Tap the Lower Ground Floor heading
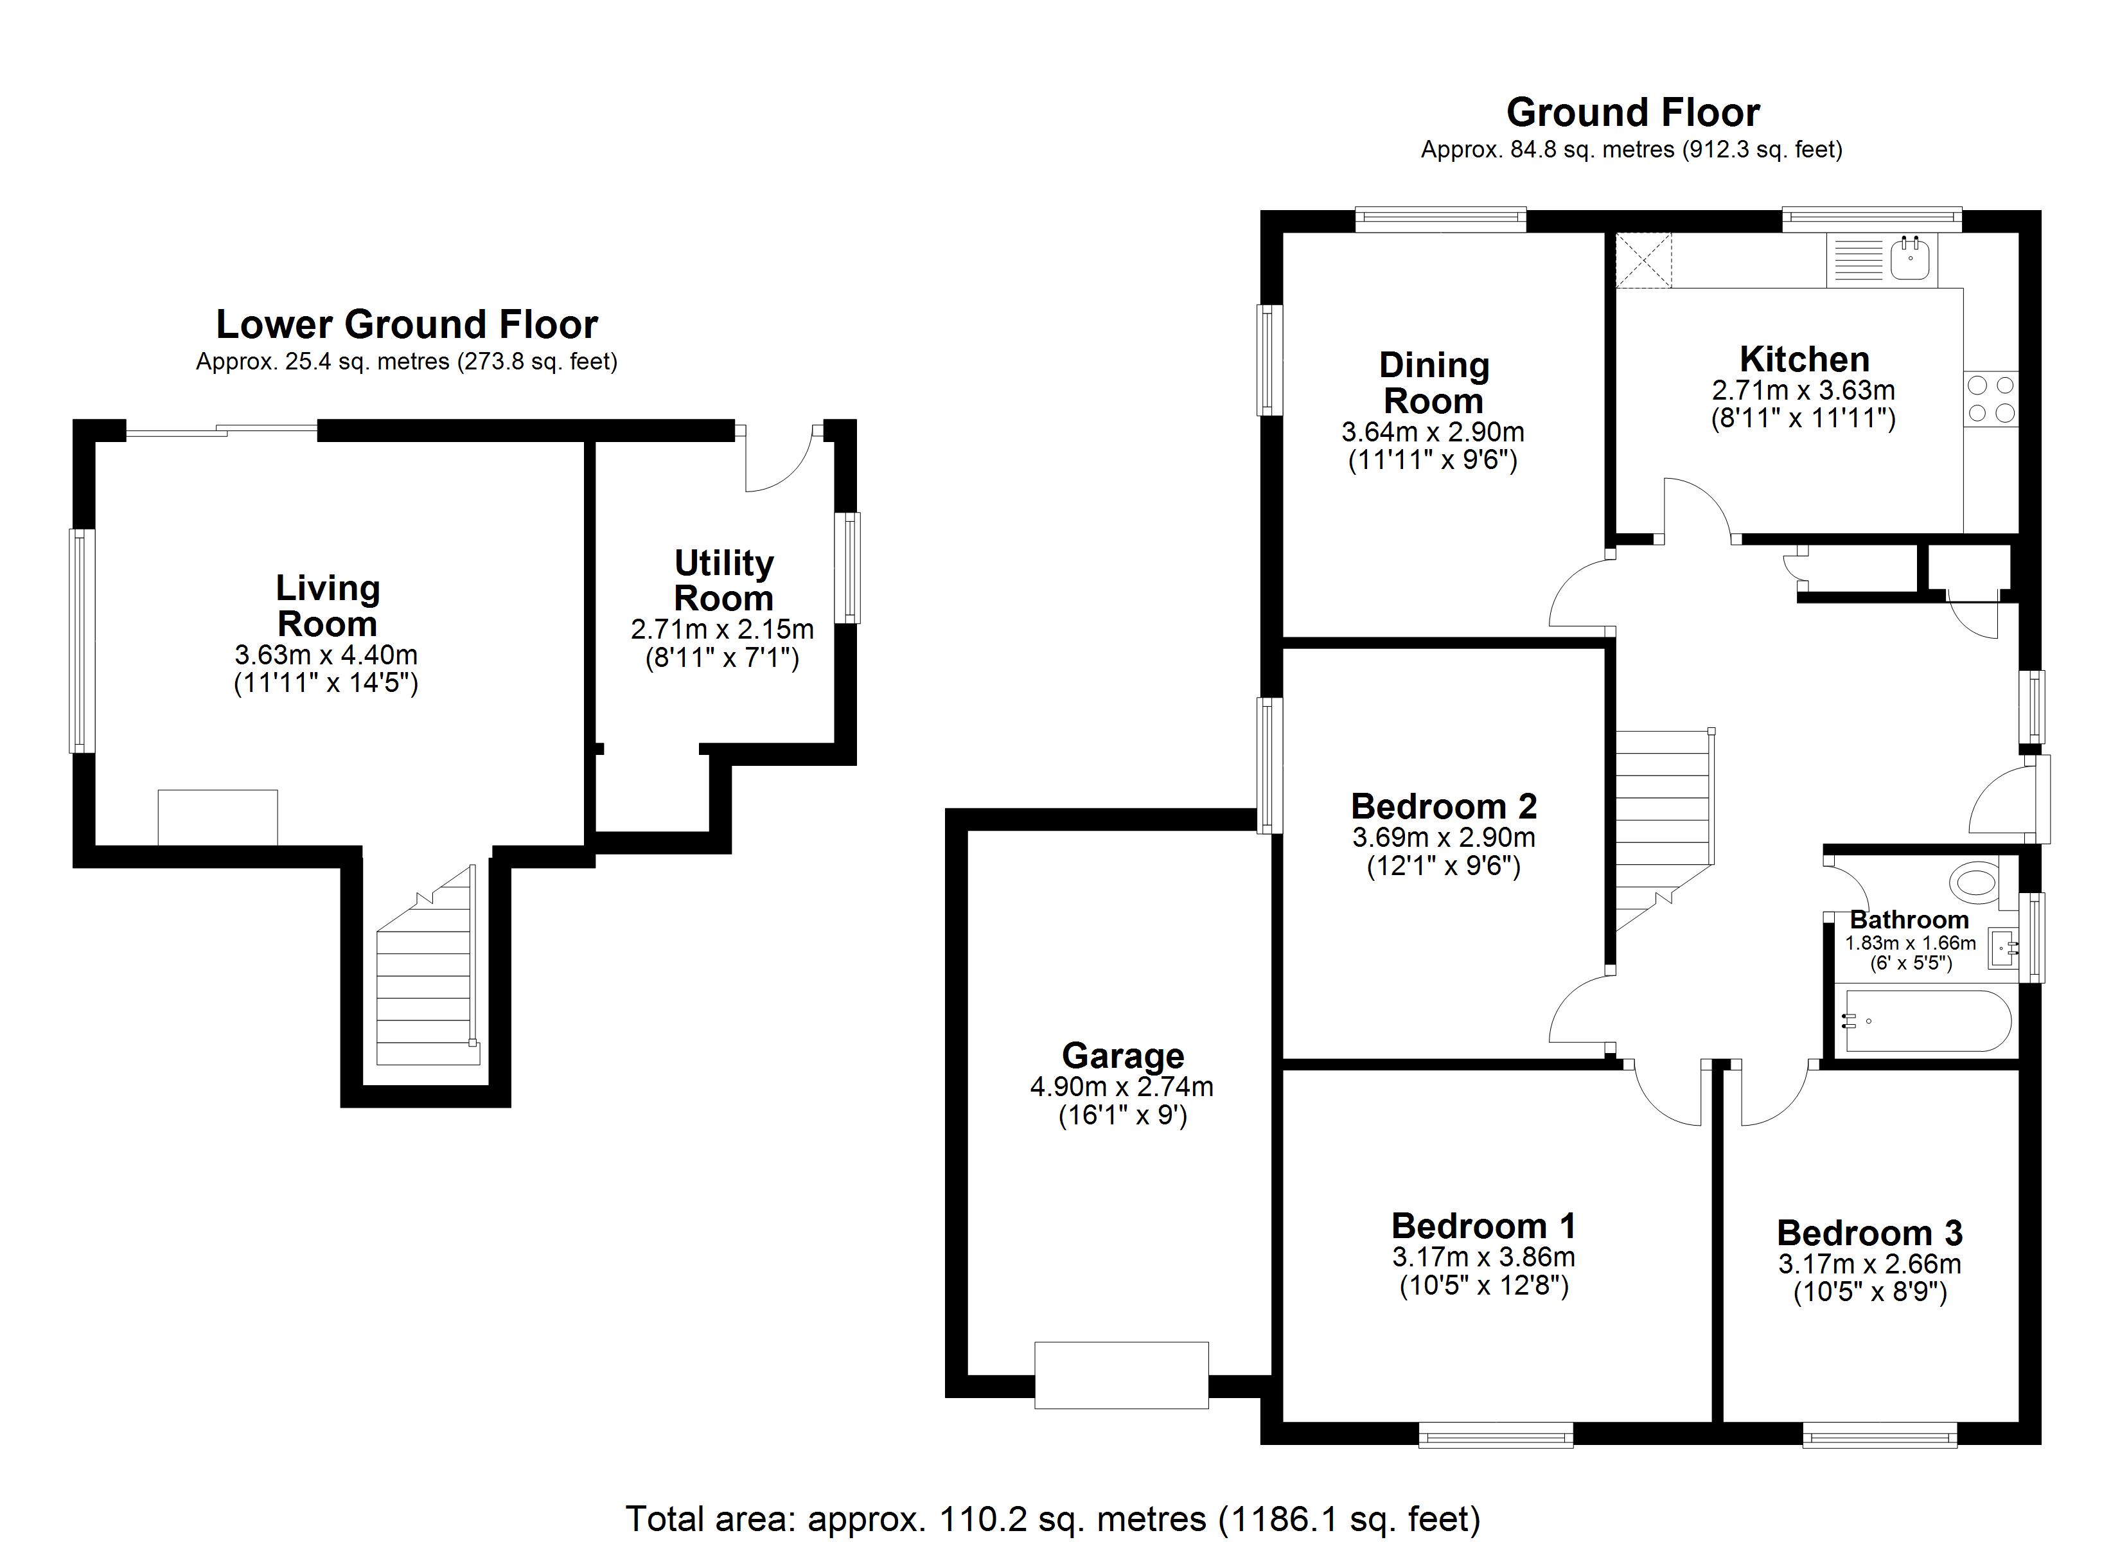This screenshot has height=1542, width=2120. click(x=407, y=324)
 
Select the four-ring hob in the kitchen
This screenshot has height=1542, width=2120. click(x=1991, y=399)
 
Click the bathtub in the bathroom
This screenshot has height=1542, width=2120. click(x=1927, y=1021)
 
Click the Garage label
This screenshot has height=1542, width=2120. click(x=1122, y=1056)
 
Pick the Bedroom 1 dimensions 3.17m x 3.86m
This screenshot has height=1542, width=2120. click(x=1483, y=1257)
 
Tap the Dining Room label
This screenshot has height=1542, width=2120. click(x=1434, y=384)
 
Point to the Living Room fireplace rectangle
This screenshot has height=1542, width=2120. click(x=218, y=817)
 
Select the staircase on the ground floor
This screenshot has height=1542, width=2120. click(x=1664, y=823)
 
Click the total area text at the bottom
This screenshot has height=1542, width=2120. click(x=1052, y=1520)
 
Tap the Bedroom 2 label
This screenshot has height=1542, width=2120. click(x=1444, y=806)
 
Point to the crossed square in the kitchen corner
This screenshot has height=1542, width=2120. click(x=1643, y=260)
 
